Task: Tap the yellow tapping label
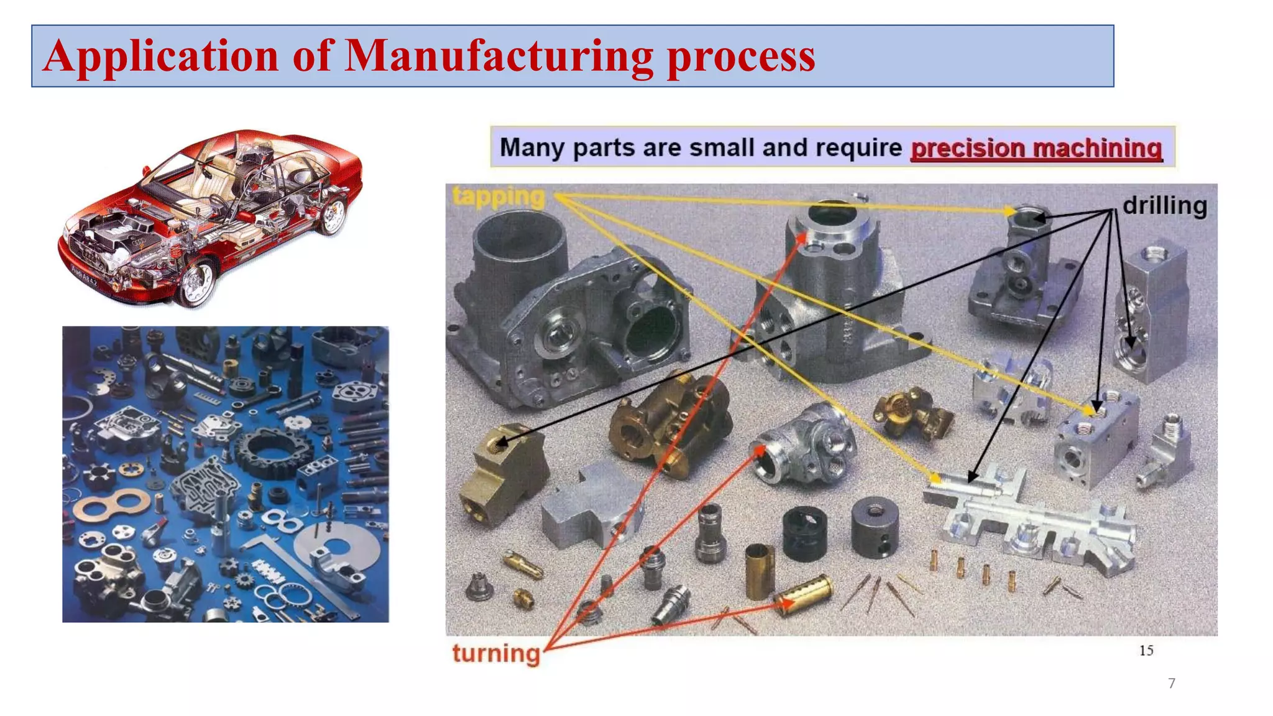click(499, 196)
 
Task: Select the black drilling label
click(1164, 206)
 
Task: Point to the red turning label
click(496, 653)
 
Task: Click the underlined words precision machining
click(1036, 148)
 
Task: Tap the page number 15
click(1146, 651)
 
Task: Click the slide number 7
click(1172, 684)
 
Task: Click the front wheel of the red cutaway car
click(196, 283)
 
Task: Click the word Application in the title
click(160, 56)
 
